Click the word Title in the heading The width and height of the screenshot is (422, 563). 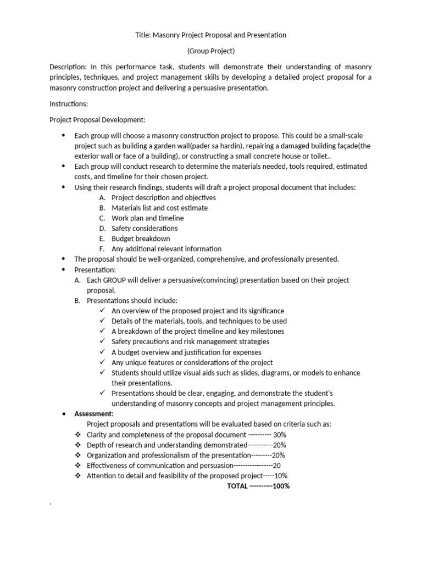(143, 35)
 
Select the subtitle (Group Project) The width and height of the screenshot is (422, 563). (211, 51)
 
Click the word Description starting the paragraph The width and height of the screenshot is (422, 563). (69, 67)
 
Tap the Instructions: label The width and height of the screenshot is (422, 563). (69, 103)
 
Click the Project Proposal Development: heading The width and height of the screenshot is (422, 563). (97, 119)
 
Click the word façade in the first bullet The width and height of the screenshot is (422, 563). (344, 146)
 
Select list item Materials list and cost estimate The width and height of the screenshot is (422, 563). (159, 208)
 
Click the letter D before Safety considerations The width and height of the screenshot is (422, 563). (102, 228)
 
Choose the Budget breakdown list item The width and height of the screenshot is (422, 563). (141, 239)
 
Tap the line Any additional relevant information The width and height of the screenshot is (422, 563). (166, 249)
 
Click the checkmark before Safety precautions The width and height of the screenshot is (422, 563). (103, 341)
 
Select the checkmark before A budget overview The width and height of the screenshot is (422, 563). (103, 352)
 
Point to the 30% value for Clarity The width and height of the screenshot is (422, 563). (279, 434)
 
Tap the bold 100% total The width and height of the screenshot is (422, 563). (281, 486)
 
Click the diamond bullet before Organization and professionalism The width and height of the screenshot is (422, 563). (78, 455)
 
